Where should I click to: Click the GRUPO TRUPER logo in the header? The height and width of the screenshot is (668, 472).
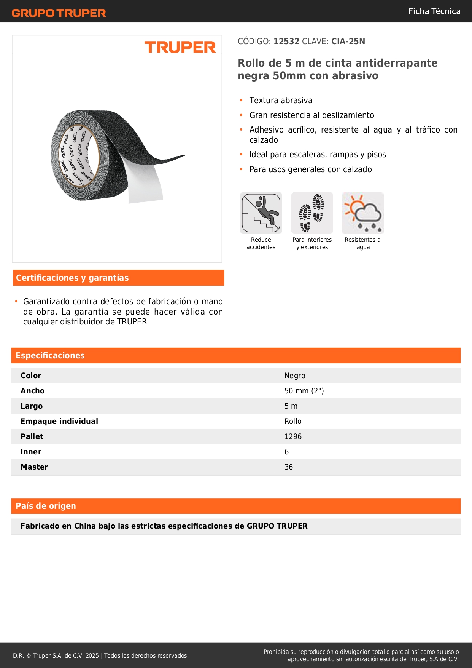(59, 13)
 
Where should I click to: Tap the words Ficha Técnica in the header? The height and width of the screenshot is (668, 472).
(434, 11)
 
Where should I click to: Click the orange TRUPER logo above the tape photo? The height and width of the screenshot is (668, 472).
(180, 47)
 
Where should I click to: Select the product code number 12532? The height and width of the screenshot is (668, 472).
(286, 42)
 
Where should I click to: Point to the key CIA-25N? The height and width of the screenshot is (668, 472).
(348, 42)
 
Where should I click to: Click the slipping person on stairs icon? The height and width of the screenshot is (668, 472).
(261, 213)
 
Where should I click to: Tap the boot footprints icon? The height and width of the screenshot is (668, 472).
(312, 213)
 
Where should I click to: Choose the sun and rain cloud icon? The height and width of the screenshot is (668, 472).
(363, 213)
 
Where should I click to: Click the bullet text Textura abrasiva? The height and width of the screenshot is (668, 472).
(281, 101)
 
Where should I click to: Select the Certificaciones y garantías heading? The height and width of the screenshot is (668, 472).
(72, 278)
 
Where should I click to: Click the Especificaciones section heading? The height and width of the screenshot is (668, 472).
(50, 356)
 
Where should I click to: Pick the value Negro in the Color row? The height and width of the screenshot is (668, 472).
(295, 376)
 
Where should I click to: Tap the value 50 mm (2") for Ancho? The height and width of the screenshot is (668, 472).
(304, 391)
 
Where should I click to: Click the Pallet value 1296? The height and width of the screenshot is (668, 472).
(293, 437)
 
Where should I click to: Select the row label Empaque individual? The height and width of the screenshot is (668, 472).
(59, 422)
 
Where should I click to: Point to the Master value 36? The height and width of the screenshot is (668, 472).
(289, 467)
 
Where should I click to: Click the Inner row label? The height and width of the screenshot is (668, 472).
(31, 452)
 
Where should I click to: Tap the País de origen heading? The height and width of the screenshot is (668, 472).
(46, 506)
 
